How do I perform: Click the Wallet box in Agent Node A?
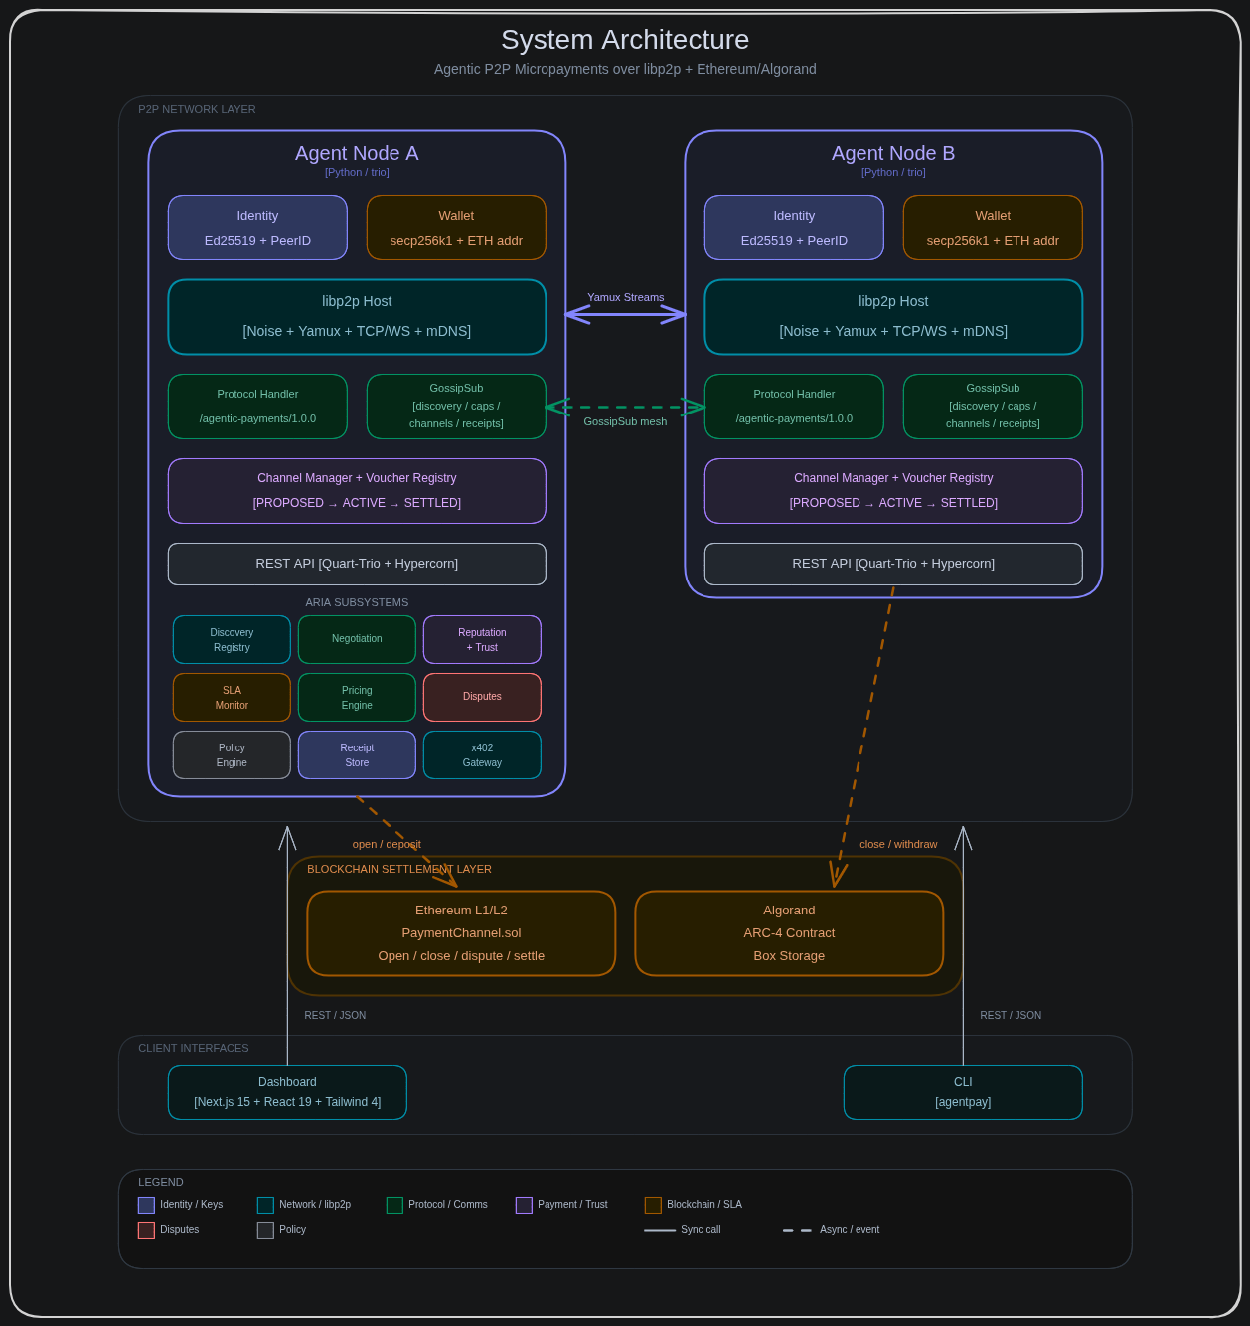[456, 228]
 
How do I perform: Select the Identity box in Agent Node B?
[794, 228]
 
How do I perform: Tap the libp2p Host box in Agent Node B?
[893, 317]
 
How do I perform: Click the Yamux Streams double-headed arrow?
[625, 314]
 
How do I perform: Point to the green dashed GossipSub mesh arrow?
[625, 407]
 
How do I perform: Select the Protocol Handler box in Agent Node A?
[257, 407]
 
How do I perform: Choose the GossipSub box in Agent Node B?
[993, 407]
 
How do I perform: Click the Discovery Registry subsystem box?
[232, 639]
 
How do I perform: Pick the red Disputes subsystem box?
[482, 697]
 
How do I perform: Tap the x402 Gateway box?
[482, 754]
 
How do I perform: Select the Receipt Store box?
[357, 754]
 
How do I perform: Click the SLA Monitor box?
[232, 697]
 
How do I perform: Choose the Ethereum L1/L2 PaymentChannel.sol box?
[461, 932]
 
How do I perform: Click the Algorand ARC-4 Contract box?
[789, 932]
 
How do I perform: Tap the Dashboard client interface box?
[287, 1092]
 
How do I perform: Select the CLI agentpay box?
[963, 1092]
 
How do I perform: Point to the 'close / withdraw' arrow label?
[898, 844]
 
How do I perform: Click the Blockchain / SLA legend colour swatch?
[653, 1205]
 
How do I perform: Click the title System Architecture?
[625, 40]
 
